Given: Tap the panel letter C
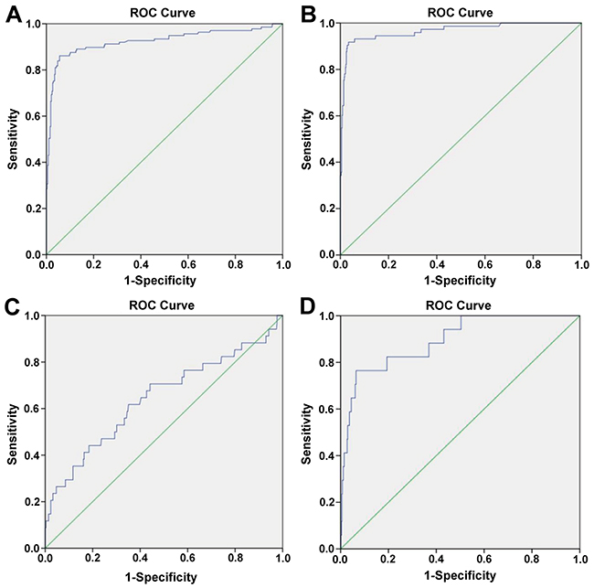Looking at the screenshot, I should pyautogui.click(x=13, y=305).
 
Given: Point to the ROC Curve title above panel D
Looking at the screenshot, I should pyautogui.click(x=461, y=305).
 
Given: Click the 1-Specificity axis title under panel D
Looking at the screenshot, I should pyautogui.click(x=461, y=576).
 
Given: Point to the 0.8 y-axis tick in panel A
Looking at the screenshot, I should pyautogui.click(x=35, y=69).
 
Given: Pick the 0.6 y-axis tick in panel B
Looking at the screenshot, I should pyautogui.click(x=329, y=116).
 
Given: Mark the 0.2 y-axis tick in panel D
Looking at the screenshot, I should pyautogui.click(x=329, y=501).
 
